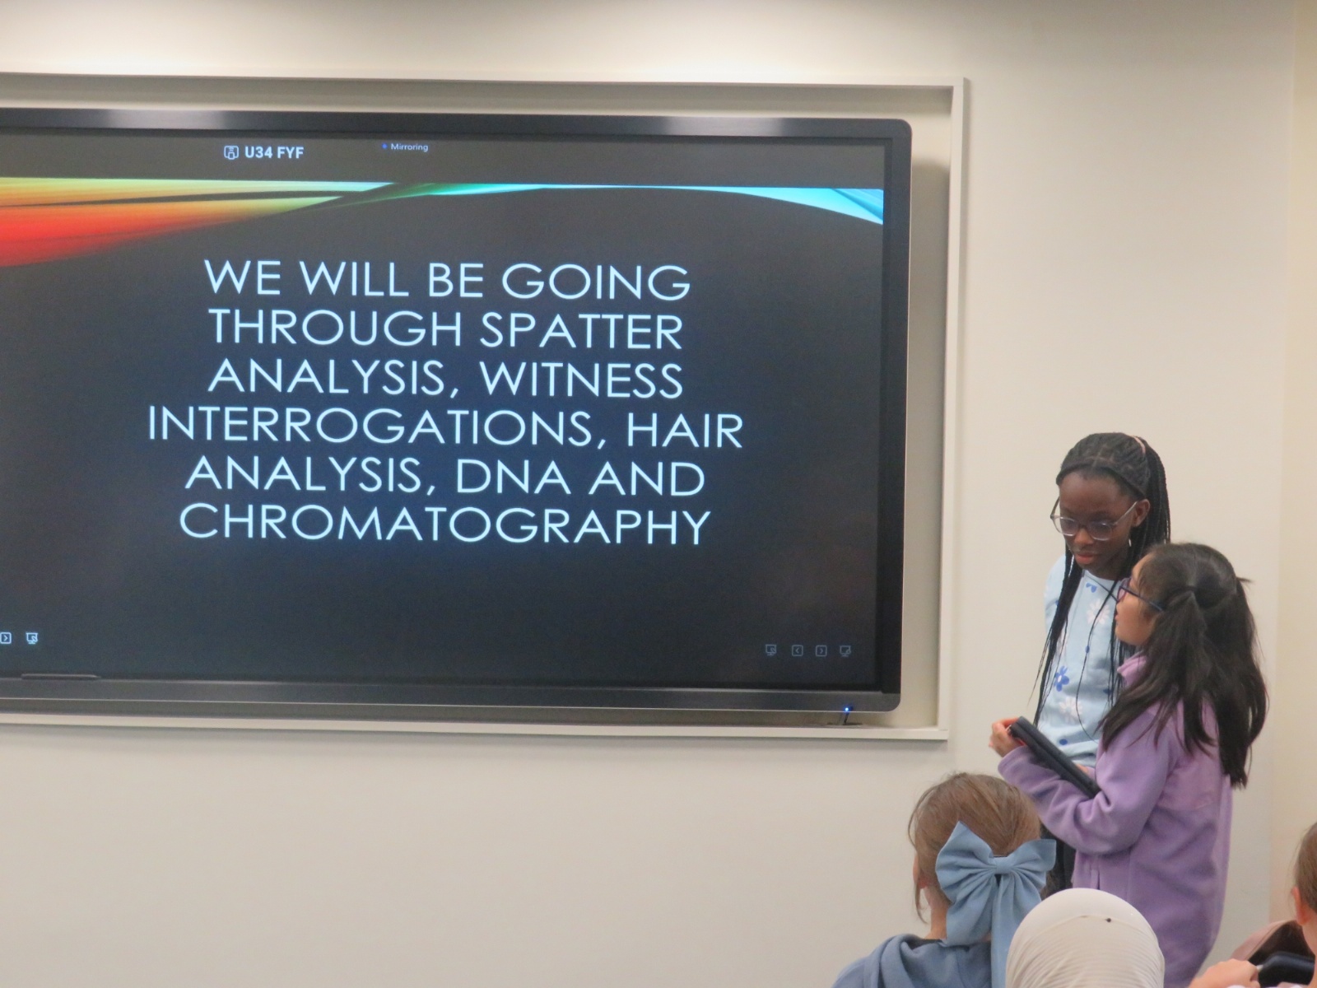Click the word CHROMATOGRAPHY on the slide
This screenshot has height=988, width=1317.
(x=444, y=525)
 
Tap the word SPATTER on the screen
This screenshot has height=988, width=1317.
(x=581, y=330)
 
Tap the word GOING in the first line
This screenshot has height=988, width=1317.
(x=595, y=281)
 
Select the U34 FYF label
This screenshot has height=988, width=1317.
(x=264, y=153)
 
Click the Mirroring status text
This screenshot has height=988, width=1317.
(x=406, y=147)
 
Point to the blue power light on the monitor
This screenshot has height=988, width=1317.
(x=847, y=709)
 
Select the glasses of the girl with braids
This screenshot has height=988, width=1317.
(x=1092, y=520)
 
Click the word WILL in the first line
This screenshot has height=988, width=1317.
(x=354, y=281)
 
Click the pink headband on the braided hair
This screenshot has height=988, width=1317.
(x=1138, y=446)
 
